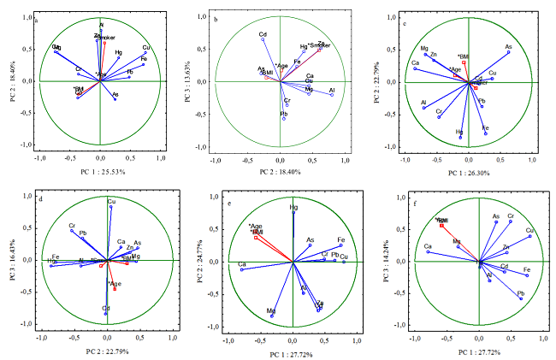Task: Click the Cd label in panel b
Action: tap(263, 35)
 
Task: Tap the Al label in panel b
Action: tap(331, 90)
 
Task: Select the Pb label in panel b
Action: tap(284, 114)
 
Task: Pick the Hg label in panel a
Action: tap(119, 54)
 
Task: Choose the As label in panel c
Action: tap(508, 47)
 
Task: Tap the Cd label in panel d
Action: tap(106, 308)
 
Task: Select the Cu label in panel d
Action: tap(111, 202)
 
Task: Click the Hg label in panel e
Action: tap(293, 208)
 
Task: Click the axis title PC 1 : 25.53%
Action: tap(101, 172)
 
